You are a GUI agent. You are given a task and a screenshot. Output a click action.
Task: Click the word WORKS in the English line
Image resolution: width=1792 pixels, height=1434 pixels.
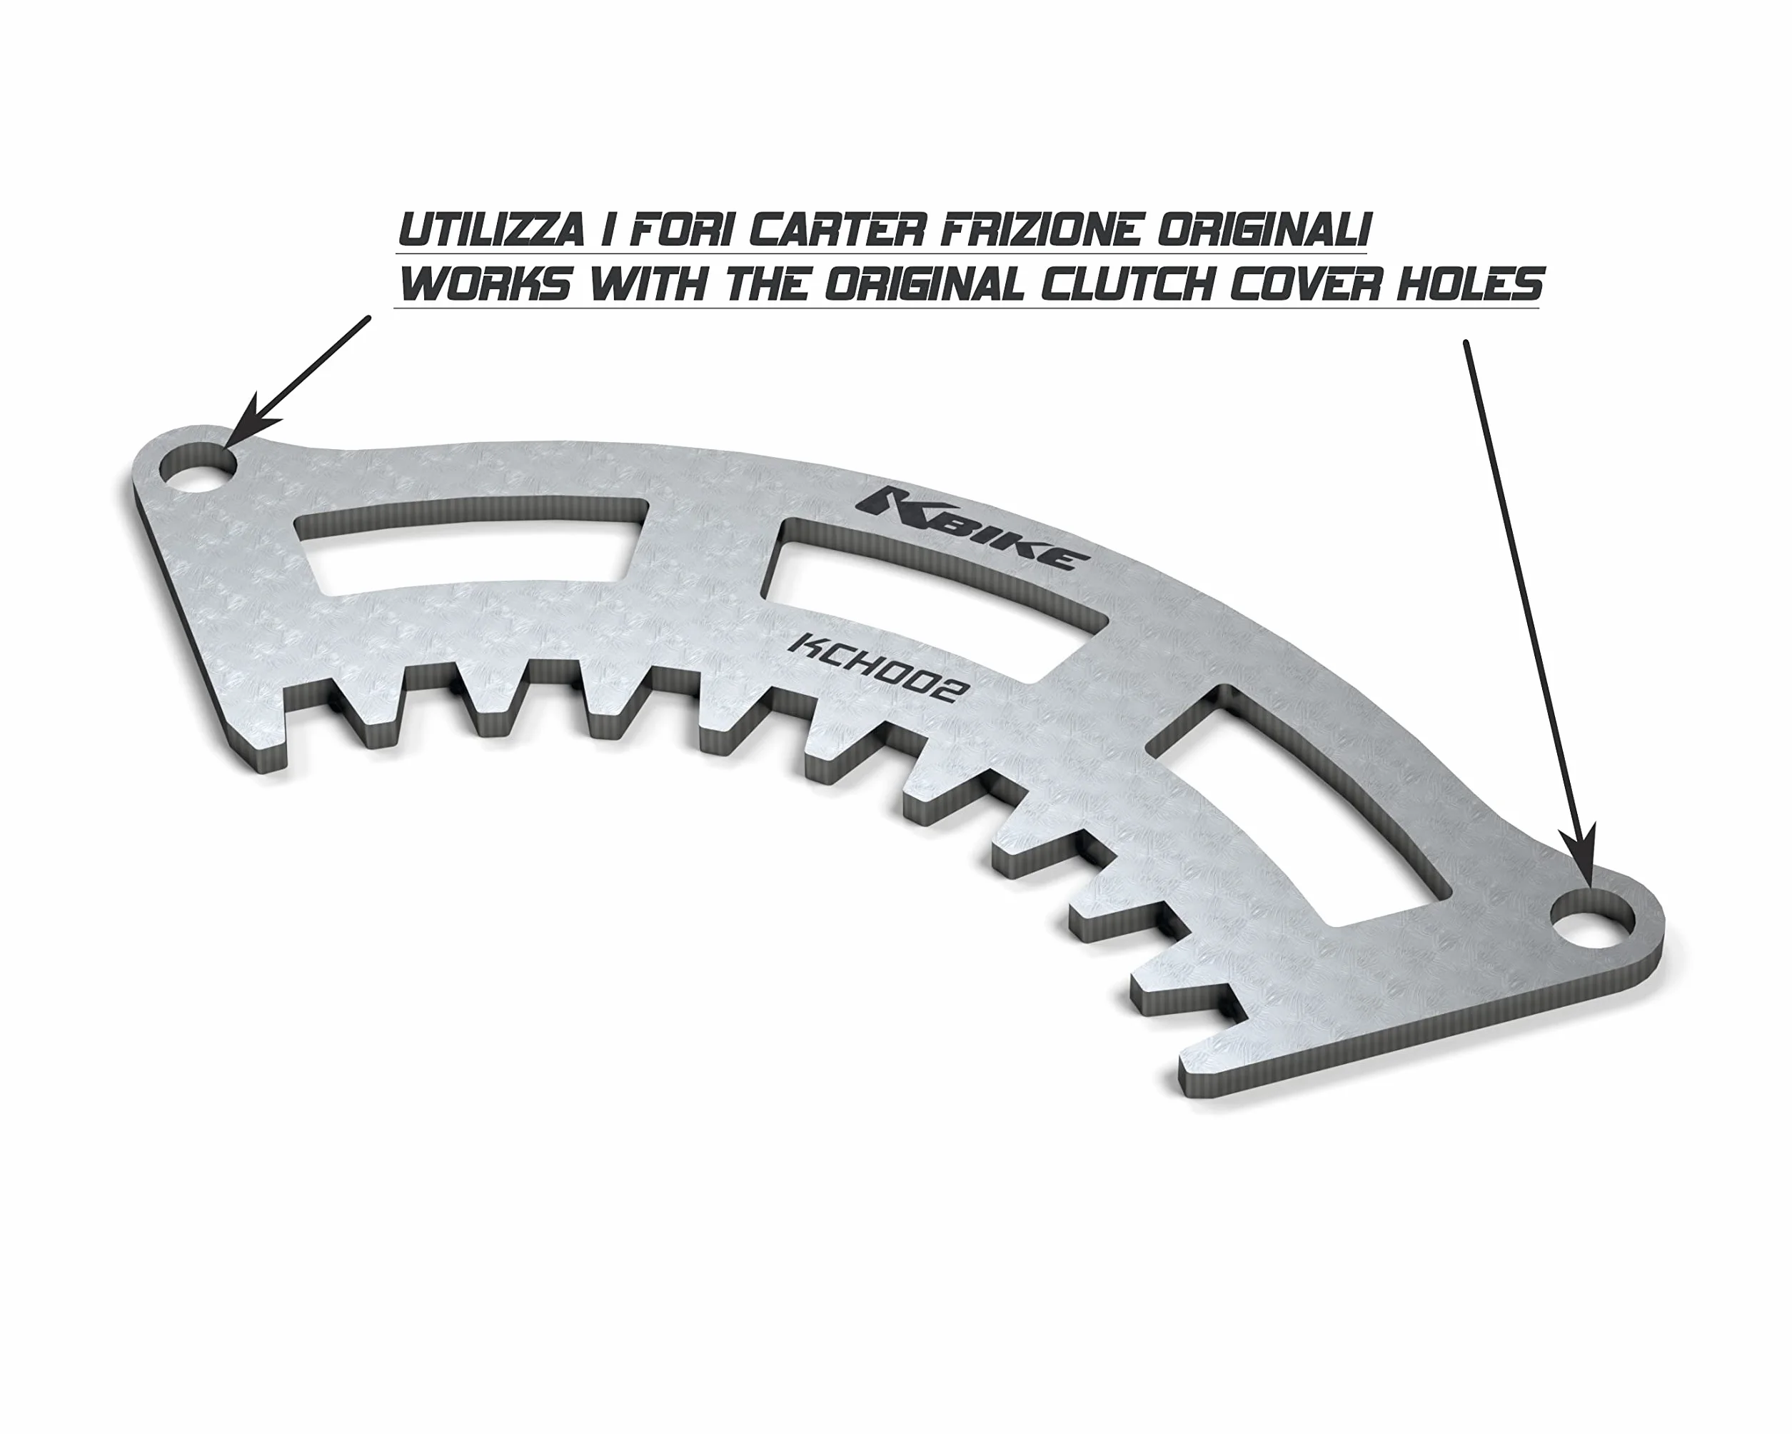pyautogui.click(x=485, y=284)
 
